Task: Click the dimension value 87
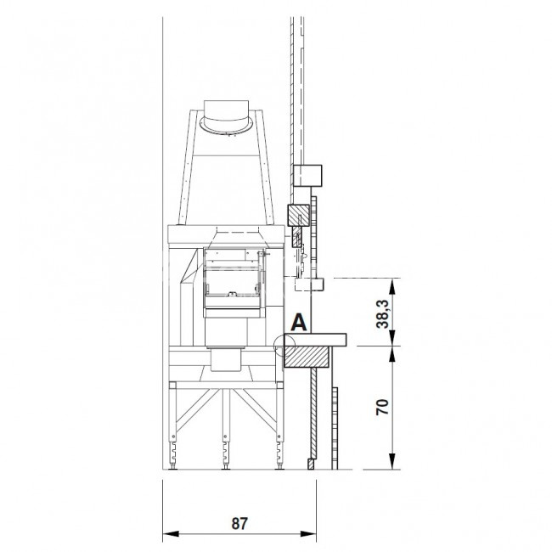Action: pyautogui.click(x=239, y=523)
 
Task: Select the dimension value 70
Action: pyautogui.click(x=383, y=408)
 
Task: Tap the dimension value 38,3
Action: pyautogui.click(x=383, y=314)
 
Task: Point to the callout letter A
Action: pyautogui.click(x=299, y=323)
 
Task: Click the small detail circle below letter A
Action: pyautogui.click(x=284, y=346)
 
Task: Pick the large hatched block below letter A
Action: pyautogui.click(x=307, y=357)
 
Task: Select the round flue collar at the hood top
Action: pyautogui.click(x=226, y=126)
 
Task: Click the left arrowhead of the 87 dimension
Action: pyautogui.click(x=171, y=533)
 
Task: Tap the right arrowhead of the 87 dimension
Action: pyautogui.click(x=308, y=533)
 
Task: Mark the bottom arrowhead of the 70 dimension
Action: pyautogui.click(x=393, y=461)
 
